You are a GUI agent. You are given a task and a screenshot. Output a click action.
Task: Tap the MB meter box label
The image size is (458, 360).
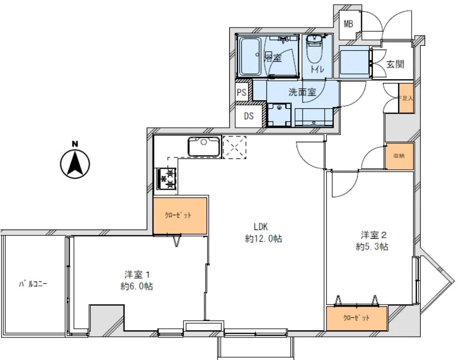(x=349, y=24)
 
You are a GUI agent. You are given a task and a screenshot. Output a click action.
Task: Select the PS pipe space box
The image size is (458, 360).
(x=242, y=92)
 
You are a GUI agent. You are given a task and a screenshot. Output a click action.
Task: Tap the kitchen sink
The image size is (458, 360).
(x=203, y=146)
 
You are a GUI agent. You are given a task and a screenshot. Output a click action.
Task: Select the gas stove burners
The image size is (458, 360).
(x=167, y=179)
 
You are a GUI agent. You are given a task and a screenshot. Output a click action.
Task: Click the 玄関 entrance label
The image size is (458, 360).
(x=395, y=64)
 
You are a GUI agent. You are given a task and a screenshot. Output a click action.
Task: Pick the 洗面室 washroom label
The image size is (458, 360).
(x=302, y=92)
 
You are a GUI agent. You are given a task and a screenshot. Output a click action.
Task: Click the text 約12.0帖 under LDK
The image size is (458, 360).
(x=263, y=239)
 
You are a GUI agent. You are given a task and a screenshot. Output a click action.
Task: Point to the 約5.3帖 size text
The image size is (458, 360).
(x=372, y=247)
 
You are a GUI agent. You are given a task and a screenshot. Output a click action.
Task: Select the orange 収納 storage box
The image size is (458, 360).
(x=399, y=156)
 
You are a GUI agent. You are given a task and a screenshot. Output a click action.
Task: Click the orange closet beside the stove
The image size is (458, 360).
(x=180, y=216)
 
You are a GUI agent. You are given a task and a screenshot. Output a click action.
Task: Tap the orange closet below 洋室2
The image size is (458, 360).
(x=357, y=318)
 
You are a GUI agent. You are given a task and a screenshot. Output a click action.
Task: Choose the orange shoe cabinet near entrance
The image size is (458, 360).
(x=406, y=99)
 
